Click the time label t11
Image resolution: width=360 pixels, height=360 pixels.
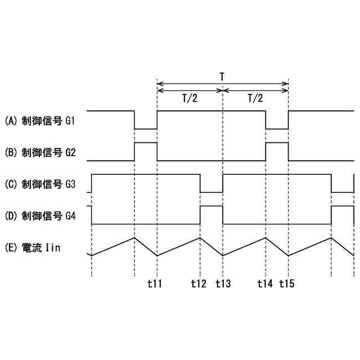154,283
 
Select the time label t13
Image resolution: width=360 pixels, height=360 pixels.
223,283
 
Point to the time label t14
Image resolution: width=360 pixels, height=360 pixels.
264,283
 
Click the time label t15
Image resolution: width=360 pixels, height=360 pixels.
287,283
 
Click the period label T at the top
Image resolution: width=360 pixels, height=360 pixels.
223,75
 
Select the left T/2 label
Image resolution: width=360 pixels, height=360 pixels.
190,98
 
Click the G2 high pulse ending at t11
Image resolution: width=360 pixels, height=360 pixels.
146,143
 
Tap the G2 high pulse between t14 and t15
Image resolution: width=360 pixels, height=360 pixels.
277,143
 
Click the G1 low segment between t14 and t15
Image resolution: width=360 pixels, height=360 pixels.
277,128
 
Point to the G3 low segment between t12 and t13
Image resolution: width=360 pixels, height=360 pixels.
211,192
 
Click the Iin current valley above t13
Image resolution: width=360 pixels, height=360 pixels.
223,255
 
